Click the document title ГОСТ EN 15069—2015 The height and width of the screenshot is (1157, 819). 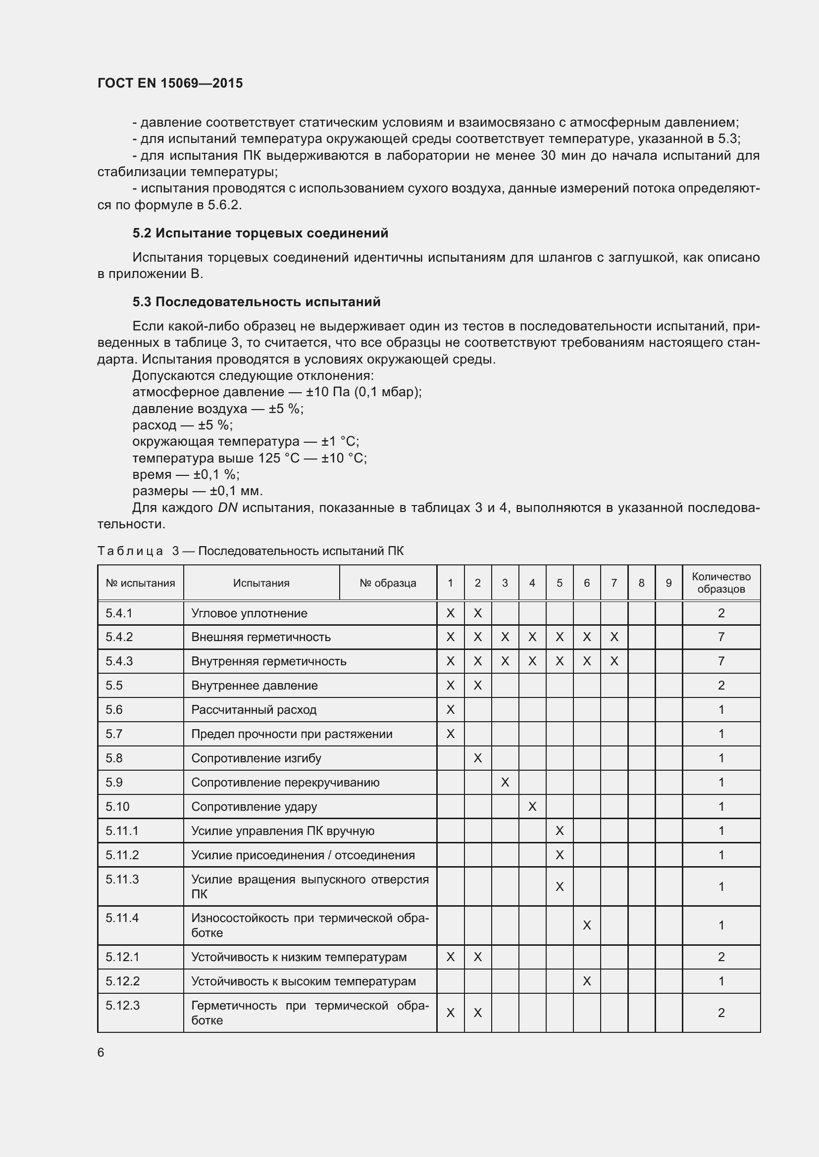pyautogui.click(x=170, y=83)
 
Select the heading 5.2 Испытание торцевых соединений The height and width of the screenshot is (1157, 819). pyautogui.click(x=260, y=233)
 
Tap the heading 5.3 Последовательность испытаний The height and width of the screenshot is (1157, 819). pyautogui.click(x=256, y=302)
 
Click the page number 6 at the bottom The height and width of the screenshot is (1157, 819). pyautogui.click(x=101, y=1053)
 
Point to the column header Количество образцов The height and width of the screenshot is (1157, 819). pyautogui.click(x=720, y=583)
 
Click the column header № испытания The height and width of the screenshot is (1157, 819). pyautogui.click(x=140, y=583)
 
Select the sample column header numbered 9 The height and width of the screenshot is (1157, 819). pyautogui.click(x=668, y=583)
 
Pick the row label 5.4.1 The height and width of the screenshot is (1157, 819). pyautogui.click(x=118, y=613)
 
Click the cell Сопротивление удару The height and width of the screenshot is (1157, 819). pyautogui.click(x=254, y=807)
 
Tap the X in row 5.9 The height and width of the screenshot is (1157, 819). pyautogui.click(x=505, y=783)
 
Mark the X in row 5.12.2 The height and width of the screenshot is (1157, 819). pyautogui.click(x=586, y=981)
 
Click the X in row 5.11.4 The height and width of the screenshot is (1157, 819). pyautogui.click(x=586, y=925)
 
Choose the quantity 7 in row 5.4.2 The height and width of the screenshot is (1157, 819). pyautogui.click(x=720, y=637)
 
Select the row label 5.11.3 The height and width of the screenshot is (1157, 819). pyautogui.click(x=122, y=879)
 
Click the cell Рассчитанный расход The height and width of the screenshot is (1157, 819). pyautogui.click(x=254, y=710)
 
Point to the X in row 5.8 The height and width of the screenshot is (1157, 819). pyautogui.click(x=477, y=758)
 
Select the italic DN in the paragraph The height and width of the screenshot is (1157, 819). pyautogui.click(x=227, y=508)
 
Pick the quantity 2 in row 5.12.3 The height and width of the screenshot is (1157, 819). pyautogui.click(x=720, y=1013)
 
